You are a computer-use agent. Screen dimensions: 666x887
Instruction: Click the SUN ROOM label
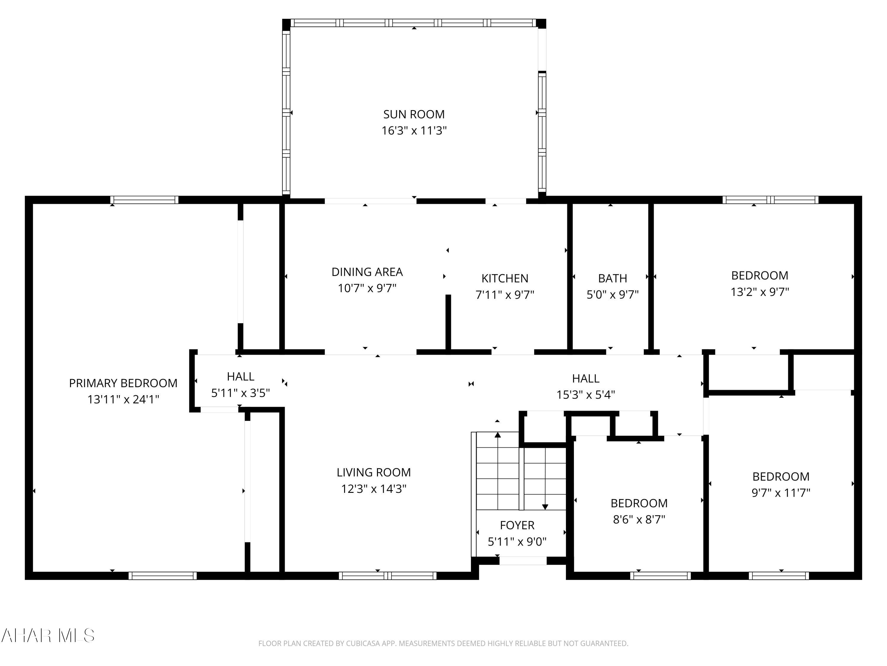(414, 115)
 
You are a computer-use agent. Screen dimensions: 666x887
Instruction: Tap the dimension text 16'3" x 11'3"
(414, 131)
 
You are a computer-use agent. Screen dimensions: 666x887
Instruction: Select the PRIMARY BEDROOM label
(123, 383)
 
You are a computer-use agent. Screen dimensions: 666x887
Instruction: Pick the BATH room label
(612, 278)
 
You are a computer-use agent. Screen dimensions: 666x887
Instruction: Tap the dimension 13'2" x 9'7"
(760, 292)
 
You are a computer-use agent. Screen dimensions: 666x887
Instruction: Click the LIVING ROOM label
(373, 472)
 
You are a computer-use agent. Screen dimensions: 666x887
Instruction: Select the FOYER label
(517, 525)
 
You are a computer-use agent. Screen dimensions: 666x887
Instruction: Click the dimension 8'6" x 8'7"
(639, 519)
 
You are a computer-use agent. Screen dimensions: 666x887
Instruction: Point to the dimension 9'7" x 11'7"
(781, 493)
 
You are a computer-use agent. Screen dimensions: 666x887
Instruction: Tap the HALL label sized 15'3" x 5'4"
(585, 378)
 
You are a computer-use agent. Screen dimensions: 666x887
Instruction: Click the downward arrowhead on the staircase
(545, 507)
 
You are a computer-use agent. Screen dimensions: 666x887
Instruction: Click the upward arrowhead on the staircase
(498, 435)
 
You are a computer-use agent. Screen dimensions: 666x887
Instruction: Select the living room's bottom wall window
(387, 576)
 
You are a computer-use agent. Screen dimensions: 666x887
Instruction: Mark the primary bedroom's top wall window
(144, 200)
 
